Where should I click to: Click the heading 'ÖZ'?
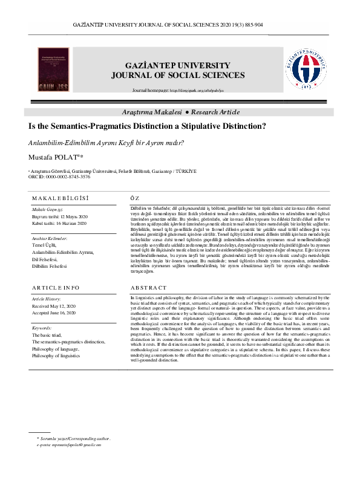point(135,198)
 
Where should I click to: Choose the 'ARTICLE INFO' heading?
point(58,288)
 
